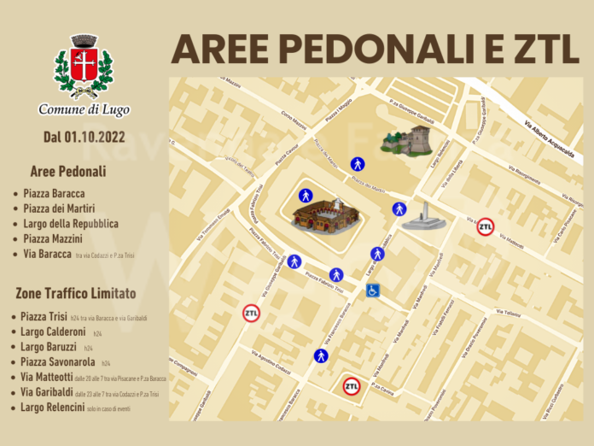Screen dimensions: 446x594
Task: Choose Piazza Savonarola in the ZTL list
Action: coord(59,362)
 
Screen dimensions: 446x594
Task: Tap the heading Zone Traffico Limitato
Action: coord(75,293)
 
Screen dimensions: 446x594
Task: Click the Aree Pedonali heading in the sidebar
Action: coord(67,172)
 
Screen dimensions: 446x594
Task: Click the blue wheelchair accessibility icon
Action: coord(373,290)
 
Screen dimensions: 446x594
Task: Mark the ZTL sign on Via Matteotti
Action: coord(485,226)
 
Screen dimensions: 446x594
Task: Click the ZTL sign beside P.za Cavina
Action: coord(351,386)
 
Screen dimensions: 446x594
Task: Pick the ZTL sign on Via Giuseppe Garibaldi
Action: coord(251,314)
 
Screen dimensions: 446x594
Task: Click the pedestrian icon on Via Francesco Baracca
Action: coord(321,355)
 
